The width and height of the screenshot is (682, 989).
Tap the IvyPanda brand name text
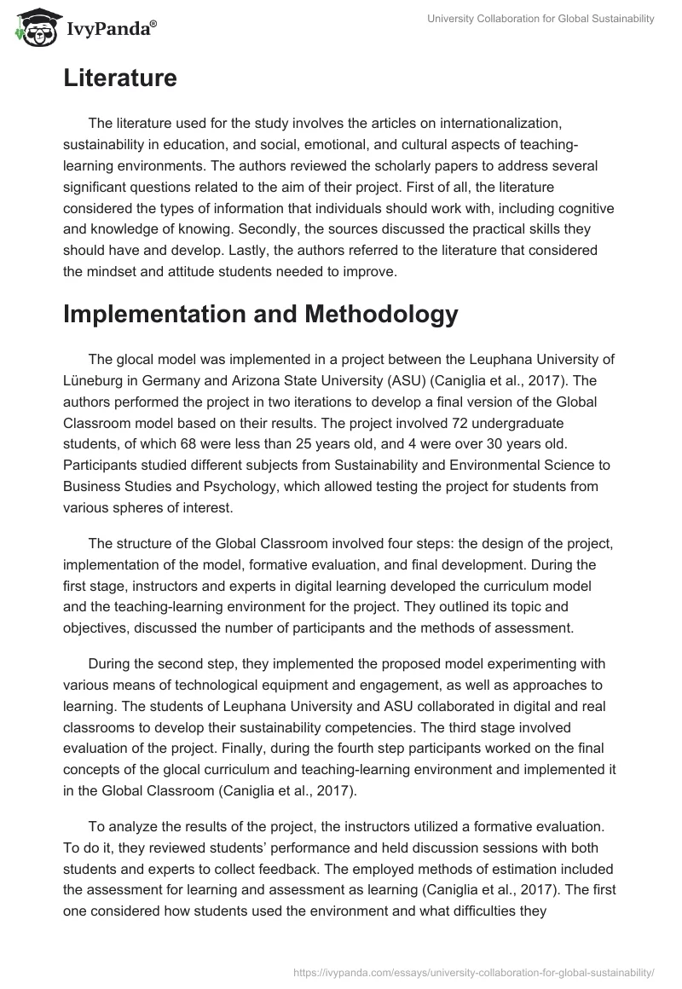click(x=107, y=27)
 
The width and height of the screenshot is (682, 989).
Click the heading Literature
click(x=119, y=78)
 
